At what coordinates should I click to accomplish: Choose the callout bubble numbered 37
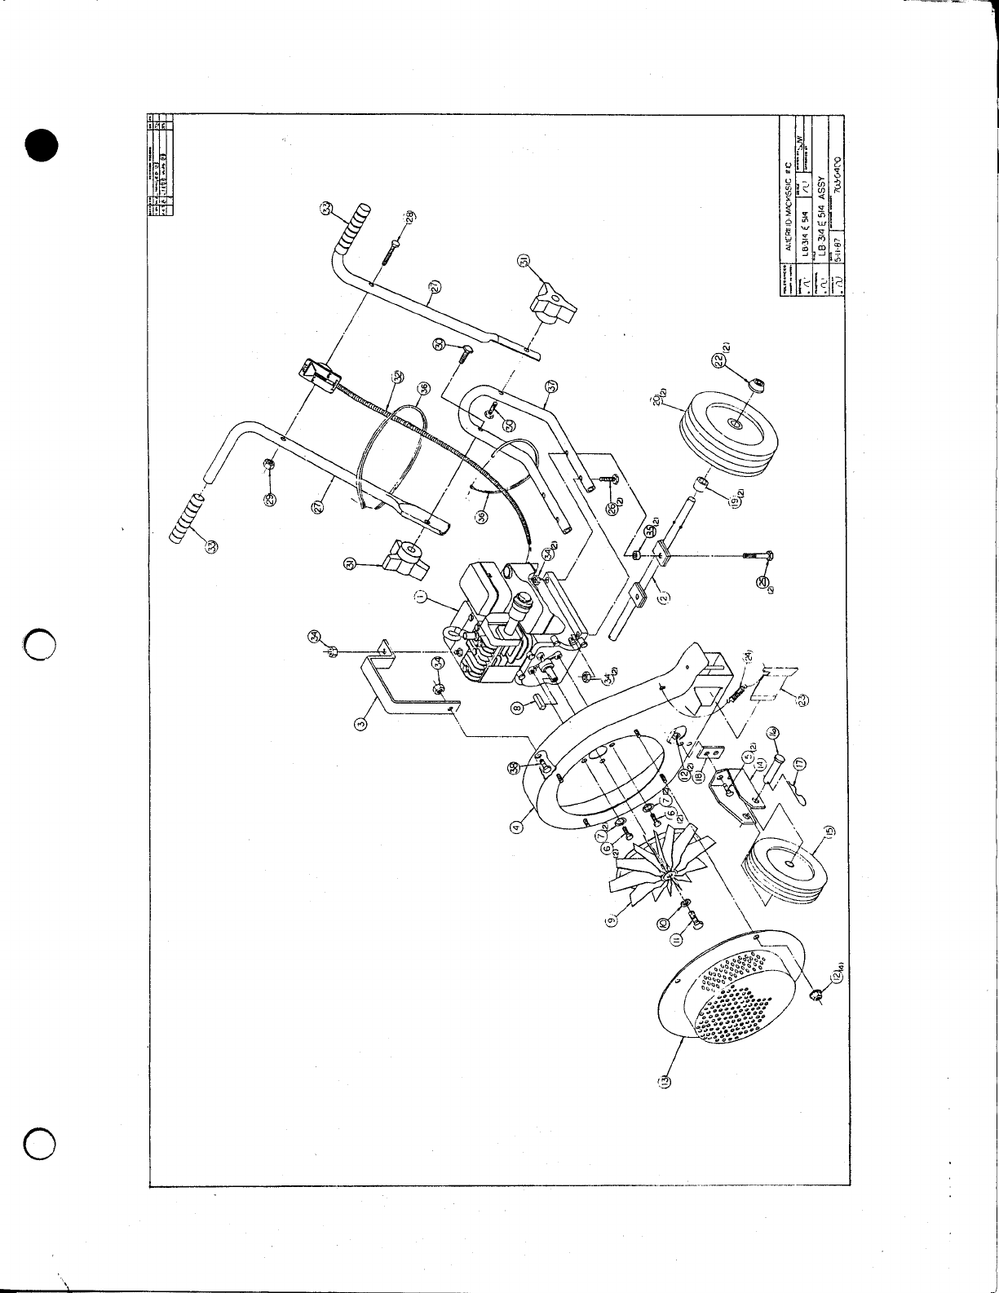550,386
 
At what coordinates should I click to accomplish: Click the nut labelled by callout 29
268,465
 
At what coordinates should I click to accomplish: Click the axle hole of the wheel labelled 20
732,425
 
